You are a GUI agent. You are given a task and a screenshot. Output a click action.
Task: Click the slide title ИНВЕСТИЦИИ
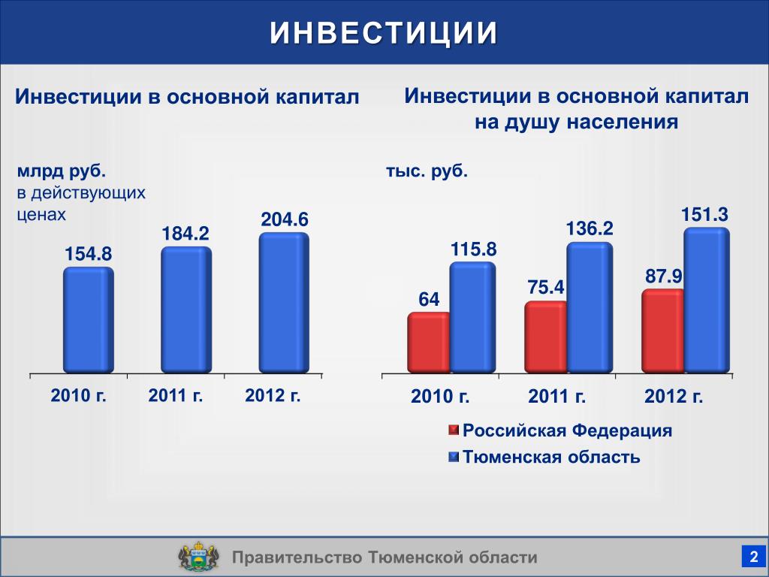(384, 33)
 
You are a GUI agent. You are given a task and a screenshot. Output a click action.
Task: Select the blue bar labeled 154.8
(89, 320)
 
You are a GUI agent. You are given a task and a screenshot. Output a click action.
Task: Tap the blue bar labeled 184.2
(186, 310)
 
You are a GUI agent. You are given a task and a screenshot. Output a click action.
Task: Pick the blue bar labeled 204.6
(284, 303)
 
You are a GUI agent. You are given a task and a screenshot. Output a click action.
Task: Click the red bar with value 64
(429, 343)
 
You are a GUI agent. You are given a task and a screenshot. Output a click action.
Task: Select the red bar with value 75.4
(546, 337)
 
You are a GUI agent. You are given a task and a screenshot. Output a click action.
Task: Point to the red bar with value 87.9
(663, 331)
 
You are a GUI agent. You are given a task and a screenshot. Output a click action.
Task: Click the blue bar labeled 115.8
(473, 318)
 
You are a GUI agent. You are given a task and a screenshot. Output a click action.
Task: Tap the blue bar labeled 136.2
(590, 307)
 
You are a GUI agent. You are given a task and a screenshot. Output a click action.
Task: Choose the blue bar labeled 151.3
(707, 301)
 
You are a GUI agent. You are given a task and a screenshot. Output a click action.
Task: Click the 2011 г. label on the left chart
(176, 395)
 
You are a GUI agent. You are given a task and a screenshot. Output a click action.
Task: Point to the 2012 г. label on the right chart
(674, 396)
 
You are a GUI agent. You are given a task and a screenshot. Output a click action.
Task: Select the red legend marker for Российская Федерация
(454, 430)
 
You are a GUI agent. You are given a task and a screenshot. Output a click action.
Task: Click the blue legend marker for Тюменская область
(454, 457)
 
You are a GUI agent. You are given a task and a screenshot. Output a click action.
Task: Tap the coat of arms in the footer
(198, 557)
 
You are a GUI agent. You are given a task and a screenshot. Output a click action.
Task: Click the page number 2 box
(753, 557)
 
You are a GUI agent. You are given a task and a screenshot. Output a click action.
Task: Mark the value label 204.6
(285, 219)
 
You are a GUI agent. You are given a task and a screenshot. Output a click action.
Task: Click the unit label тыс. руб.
(427, 171)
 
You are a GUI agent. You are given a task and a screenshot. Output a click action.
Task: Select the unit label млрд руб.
(62, 171)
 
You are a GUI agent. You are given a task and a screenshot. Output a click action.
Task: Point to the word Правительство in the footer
(297, 557)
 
